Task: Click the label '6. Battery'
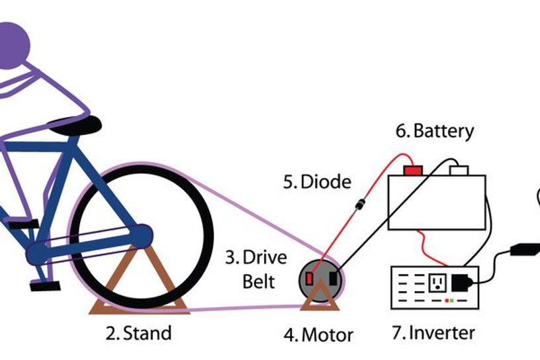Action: (435, 131)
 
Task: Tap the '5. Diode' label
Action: (317, 181)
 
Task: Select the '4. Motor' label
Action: (318, 334)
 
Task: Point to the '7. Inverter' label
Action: (433, 332)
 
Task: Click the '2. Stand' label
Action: (138, 332)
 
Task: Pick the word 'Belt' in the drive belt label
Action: (259, 281)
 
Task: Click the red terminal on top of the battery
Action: (413, 171)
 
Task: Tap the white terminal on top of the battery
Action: (459, 171)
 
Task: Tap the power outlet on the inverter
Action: (437, 283)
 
